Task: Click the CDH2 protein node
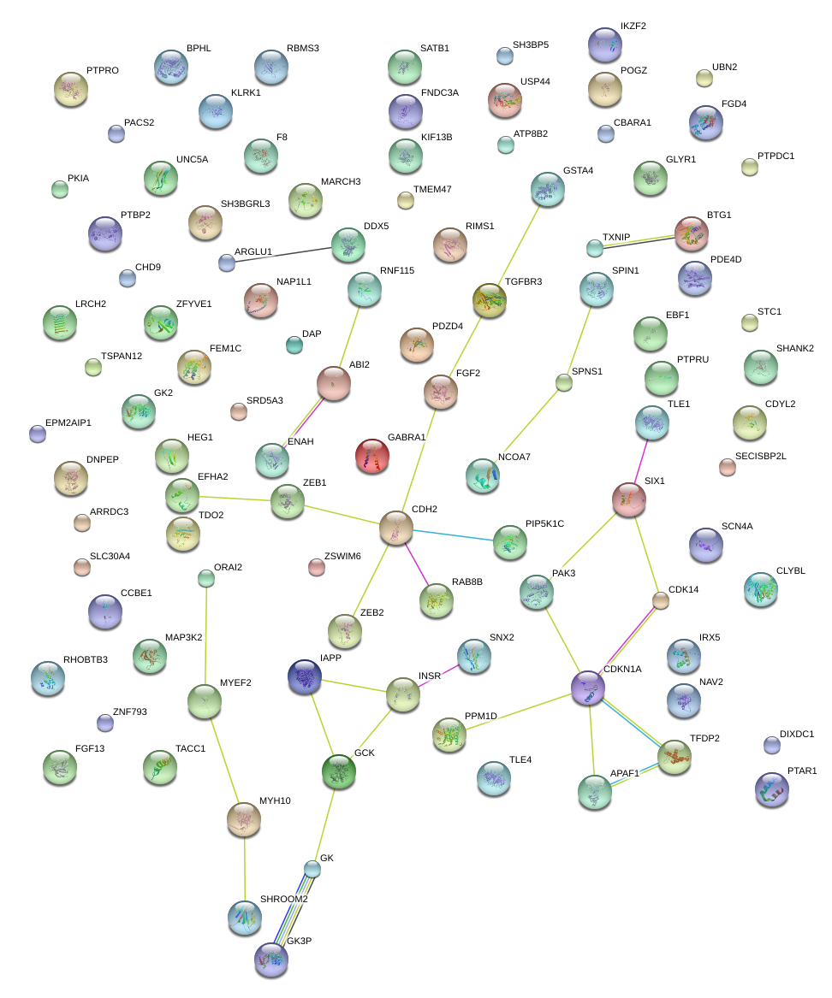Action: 395,528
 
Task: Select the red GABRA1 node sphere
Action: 371,455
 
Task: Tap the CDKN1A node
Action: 588,687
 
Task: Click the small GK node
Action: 312,869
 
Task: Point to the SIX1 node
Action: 629,499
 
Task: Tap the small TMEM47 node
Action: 406,201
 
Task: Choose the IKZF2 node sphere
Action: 606,44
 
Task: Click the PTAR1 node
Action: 771,790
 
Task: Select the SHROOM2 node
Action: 245,917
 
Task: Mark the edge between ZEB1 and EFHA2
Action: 235,499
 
